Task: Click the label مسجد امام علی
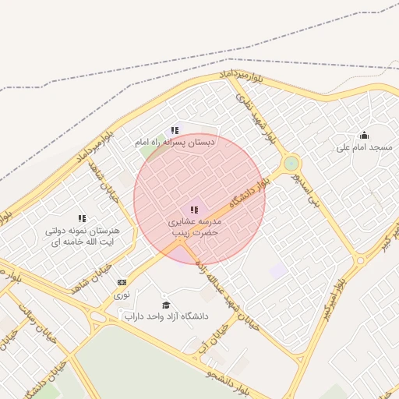click(x=365, y=147)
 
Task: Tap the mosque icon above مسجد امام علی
click(x=364, y=135)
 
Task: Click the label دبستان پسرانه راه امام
click(x=174, y=143)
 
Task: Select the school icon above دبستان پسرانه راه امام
click(x=175, y=131)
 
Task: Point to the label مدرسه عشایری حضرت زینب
click(x=194, y=227)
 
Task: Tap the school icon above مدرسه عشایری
click(x=193, y=210)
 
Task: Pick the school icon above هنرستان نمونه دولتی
click(x=82, y=219)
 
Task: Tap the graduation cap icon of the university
click(x=165, y=304)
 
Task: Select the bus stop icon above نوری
click(x=122, y=282)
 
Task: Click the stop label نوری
click(x=122, y=295)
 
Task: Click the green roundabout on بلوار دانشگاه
click(x=291, y=164)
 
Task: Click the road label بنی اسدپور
click(x=307, y=189)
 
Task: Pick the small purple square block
click(x=278, y=270)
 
